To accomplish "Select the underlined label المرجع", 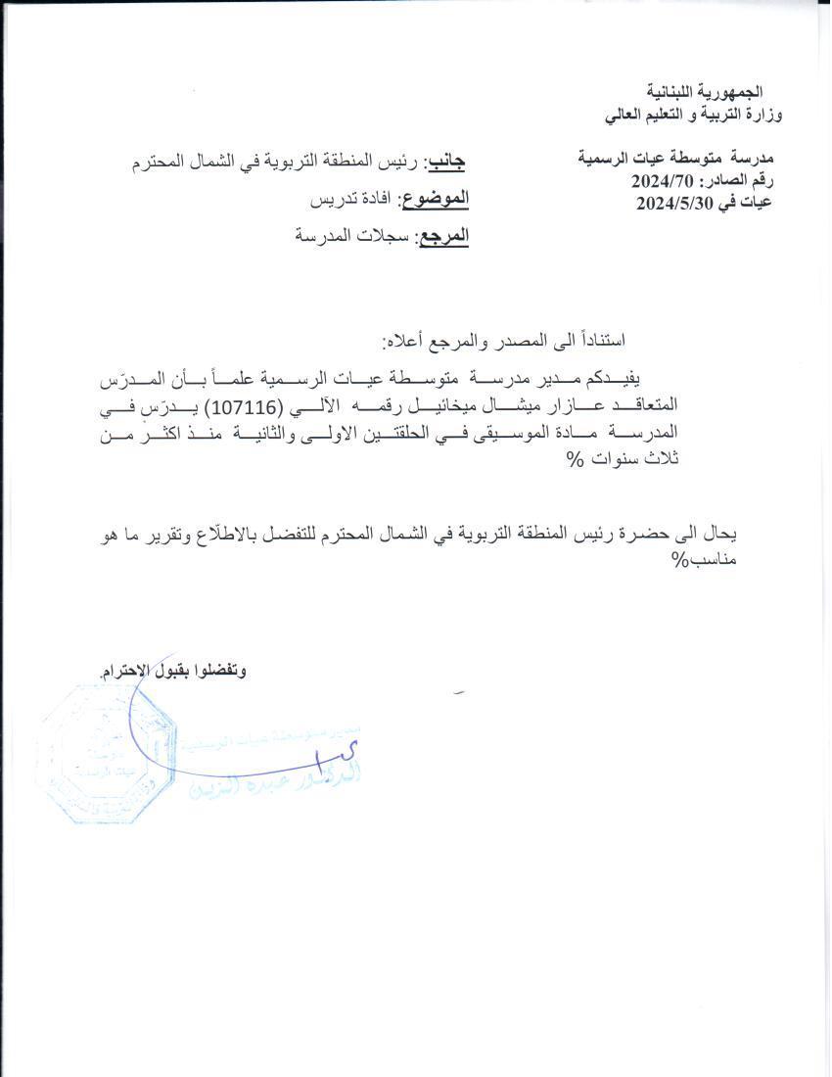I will pyautogui.click(x=443, y=236).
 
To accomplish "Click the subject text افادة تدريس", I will pyautogui.click(x=349, y=199).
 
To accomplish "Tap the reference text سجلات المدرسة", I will pyautogui.click(x=352, y=236).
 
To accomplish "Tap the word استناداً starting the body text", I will pyautogui.click(x=601, y=340).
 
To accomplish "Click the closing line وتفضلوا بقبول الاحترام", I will pyautogui.click(x=173, y=672).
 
